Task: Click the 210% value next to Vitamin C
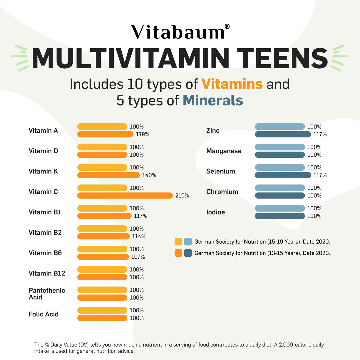(x=182, y=196)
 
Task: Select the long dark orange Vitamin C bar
(x=125, y=196)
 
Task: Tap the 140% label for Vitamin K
(x=149, y=175)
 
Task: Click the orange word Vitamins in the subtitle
(x=232, y=84)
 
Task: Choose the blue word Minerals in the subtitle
(x=213, y=100)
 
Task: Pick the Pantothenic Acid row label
(x=47, y=294)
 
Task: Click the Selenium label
(x=221, y=171)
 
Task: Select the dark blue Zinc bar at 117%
(x=283, y=134)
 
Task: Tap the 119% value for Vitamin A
(x=142, y=135)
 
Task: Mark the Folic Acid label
(x=44, y=314)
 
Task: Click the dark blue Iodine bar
(x=280, y=216)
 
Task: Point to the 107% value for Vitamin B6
(x=138, y=257)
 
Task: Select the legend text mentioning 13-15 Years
(x=262, y=253)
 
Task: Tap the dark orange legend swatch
(x=178, y=253)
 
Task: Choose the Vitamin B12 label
(x=47, y=273)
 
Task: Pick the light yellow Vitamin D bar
(x=102, y=147)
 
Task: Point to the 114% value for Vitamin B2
(x=139, y=237)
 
